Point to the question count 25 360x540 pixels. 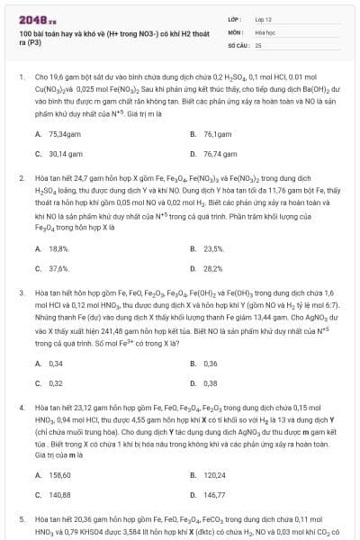click(258, 44)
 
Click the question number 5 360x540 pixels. click(22, 520)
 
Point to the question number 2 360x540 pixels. click(22, 178)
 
